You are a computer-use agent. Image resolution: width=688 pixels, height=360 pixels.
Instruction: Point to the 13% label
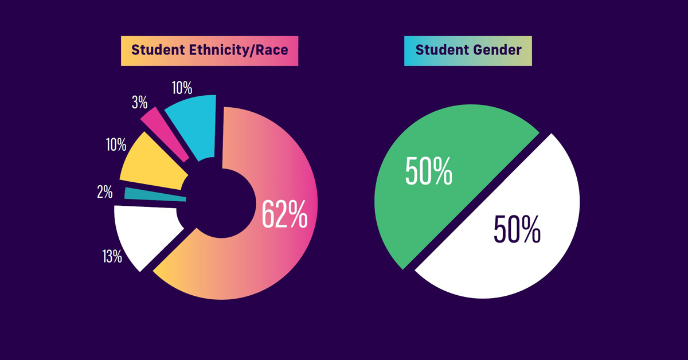pos(113,256)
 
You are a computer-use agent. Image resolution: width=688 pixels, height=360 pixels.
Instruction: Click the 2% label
pos(104,191)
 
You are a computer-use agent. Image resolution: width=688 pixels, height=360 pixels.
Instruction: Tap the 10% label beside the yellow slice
pos(116,144)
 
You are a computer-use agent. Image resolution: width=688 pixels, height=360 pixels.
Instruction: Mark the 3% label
pos(139,103)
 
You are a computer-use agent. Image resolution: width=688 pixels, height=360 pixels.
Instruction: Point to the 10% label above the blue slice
pos(182,88)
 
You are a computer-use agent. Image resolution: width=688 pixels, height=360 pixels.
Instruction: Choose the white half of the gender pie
pos(516,241)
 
